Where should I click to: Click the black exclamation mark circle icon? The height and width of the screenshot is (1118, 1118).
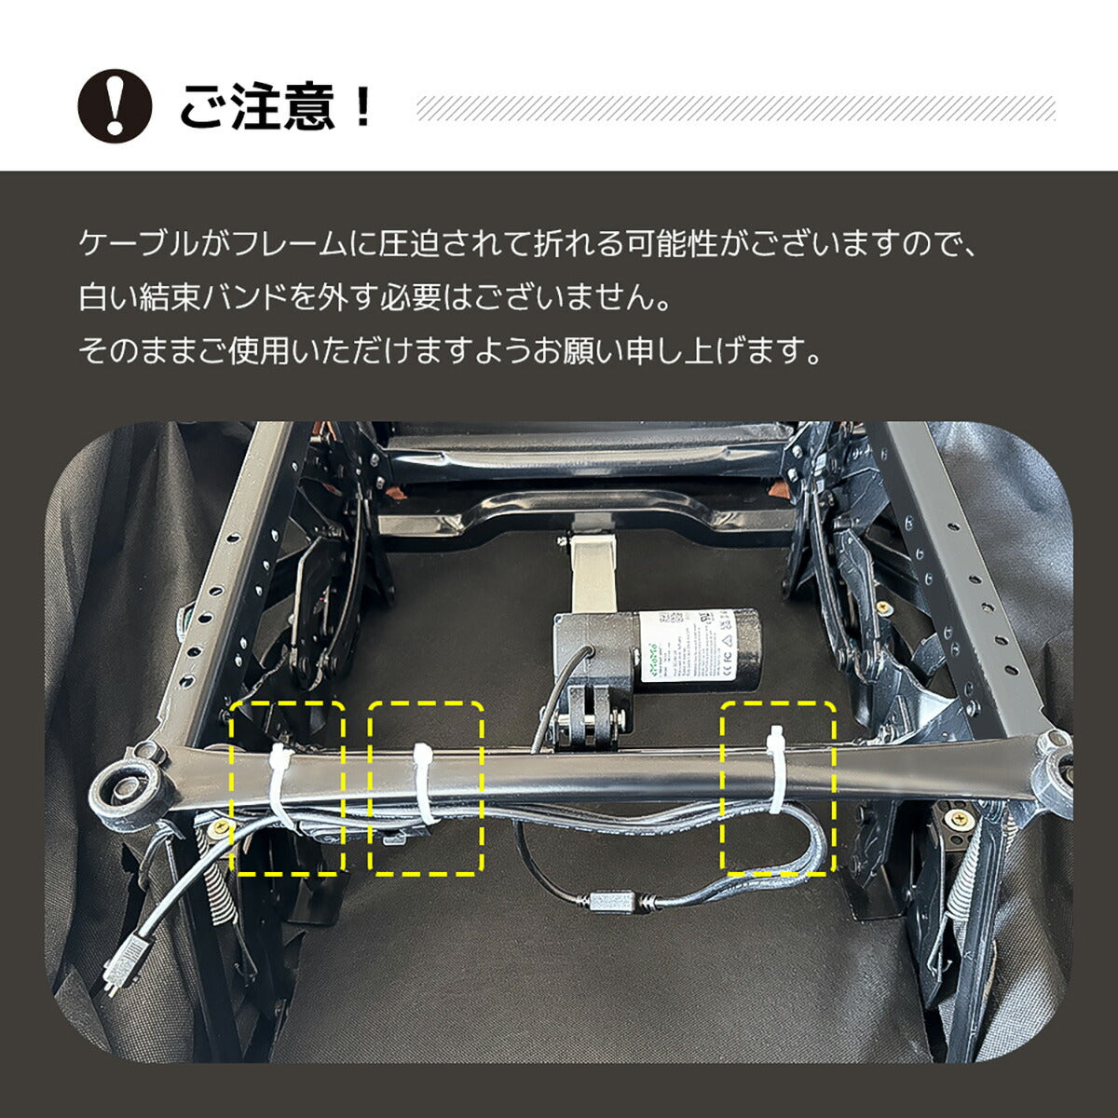point(114,105)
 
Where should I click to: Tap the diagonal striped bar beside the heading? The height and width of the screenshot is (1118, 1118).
point(735,108)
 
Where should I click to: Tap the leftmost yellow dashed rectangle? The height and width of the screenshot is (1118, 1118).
point(287,788)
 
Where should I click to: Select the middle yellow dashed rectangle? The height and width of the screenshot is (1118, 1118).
point(426,788)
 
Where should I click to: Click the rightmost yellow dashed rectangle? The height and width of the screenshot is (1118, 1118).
point(779,788)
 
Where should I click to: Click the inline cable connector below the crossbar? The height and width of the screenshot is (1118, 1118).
point(611,902)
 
